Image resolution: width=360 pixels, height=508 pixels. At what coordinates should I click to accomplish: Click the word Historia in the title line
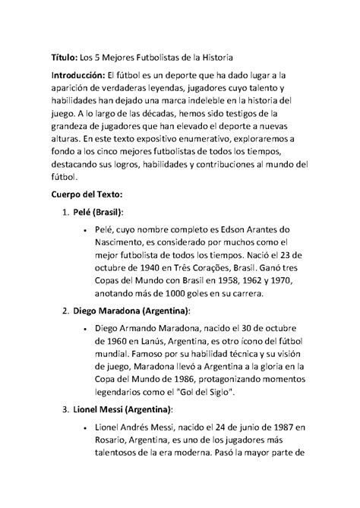pyautogui.click(x=216, y=57)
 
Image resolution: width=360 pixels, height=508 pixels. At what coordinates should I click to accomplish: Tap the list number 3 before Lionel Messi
pyautogui.click(x=65, y=411)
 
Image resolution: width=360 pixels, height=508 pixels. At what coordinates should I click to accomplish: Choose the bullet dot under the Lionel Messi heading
pyautogui.click(x=90, y=432)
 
